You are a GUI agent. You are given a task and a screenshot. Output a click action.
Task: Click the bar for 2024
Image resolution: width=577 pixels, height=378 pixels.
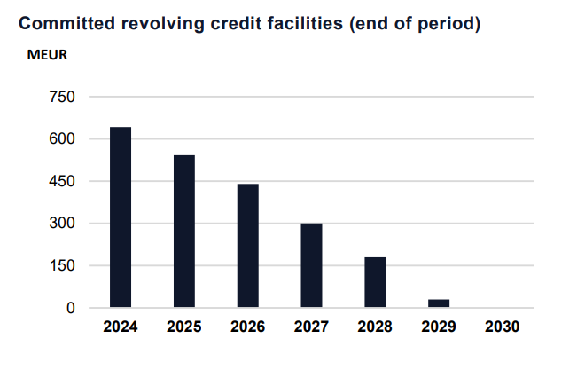pyautogui.click(x=121, y=217)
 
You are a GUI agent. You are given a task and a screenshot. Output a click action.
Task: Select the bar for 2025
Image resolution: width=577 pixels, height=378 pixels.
pyautogui.click(x=184, y=232)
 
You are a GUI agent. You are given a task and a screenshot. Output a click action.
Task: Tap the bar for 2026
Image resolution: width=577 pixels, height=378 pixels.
pyautogui.click(x=248, y=246)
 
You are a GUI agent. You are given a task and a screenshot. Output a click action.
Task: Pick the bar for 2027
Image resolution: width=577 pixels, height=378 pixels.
pyautogui.click(x=311, y=265)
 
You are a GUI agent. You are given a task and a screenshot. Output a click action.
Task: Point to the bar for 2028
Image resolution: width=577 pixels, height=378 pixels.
pyautogui.click(x=375, y=282)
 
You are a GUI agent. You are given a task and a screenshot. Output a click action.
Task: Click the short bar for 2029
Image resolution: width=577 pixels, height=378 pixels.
pyautogui.click(x=439, y=303)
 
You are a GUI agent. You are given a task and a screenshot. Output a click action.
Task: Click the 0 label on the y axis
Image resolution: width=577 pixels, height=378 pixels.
pyautogui.click(x=72, y=308)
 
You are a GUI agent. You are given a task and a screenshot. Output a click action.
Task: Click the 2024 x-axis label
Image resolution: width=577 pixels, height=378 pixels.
pyautogui.click(x=121, y=327)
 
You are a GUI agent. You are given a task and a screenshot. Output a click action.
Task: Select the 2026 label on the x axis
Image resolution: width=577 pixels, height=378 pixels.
pyautogui.click(x=248, y=327)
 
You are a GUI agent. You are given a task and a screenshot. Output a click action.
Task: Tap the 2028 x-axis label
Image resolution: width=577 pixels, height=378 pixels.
pyautogui.click(x=375, y=327)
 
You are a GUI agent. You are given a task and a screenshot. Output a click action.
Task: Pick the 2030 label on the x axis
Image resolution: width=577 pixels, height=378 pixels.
pyautogui.click(x=503, y=327)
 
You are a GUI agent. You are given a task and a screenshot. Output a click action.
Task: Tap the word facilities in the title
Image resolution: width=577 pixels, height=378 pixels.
pyautogui.click(x=300, y=24)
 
